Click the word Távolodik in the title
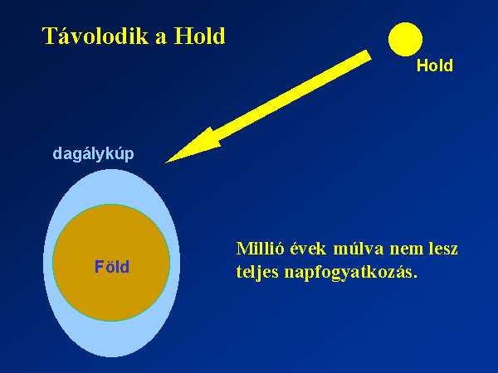pos(95,36)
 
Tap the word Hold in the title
pos(199,36)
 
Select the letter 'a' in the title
pos(161,38)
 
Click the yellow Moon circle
pos(405,39)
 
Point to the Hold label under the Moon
pos(434,65)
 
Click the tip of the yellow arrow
pos(165,163)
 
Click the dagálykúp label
pos(93,154)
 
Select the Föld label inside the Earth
pos(112,267)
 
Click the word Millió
pos(260,249)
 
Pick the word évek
pos(308,249)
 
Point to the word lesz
pos(443,249)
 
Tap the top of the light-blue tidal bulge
pos(111,170)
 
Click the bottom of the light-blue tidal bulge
pos(111,356)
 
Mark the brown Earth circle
pos(111,263)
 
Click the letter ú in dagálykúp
pos(118,153)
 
